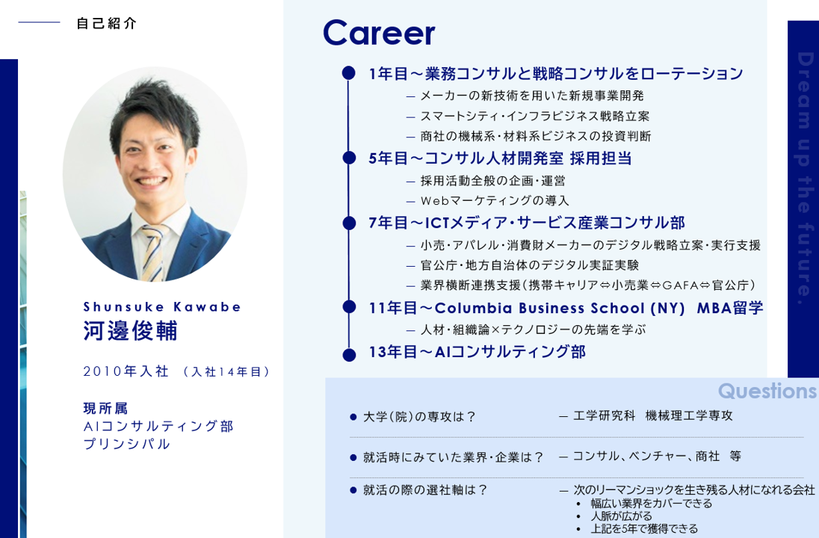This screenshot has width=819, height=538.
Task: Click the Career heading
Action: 378,34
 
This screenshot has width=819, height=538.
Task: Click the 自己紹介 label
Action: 107,23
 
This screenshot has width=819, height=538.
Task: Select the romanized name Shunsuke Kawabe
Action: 162,306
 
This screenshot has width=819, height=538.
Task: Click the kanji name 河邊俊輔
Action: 130,330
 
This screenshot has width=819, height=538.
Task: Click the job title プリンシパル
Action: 127,444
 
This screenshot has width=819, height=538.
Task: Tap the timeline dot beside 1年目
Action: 348,73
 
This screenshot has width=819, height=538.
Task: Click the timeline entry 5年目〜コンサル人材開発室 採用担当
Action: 500,158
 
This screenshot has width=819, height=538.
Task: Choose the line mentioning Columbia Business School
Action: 565,308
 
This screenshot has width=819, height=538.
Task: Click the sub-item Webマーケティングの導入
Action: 494,200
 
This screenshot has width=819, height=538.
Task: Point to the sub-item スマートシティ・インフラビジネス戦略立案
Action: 534,116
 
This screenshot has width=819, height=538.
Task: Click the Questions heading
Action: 767,391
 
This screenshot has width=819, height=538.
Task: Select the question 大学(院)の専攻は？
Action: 419,417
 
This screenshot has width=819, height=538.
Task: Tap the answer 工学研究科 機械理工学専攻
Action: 652,416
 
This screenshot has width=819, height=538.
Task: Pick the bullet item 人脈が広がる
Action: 621,516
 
